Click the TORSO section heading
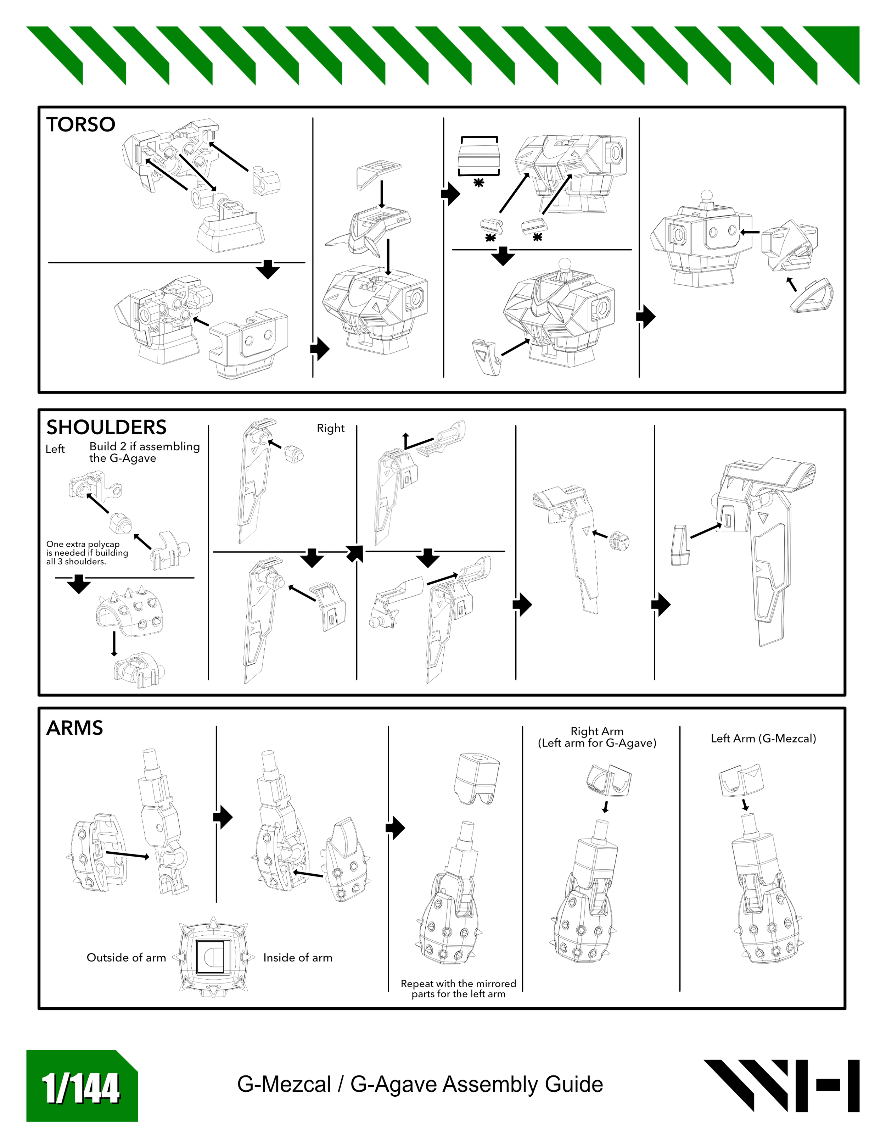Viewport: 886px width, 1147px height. click(80, 124)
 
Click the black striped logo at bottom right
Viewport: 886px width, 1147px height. click(781, 1086)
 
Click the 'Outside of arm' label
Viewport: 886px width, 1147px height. click(126, 957)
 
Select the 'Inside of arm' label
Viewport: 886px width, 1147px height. click(298, 957)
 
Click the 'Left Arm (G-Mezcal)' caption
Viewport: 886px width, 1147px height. click(763, 739)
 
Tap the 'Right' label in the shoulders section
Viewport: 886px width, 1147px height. click(330, 428)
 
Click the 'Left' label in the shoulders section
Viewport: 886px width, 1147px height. click(55, 449)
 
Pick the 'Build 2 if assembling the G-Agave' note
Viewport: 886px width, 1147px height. click(144, 452)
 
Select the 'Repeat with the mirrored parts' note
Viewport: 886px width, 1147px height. click(458, 989)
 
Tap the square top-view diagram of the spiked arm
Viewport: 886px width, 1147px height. click(213, 957)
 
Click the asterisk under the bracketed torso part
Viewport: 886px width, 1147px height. click(478, 183)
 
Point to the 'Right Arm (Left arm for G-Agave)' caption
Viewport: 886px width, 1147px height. click(597, 737)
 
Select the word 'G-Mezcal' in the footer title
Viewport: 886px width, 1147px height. click(284, 1085)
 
